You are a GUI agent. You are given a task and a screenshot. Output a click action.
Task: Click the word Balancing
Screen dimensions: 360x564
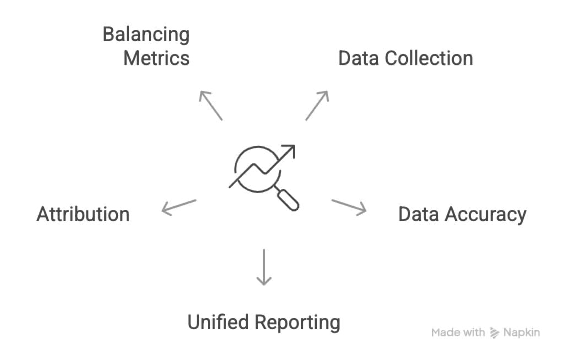[146, 35]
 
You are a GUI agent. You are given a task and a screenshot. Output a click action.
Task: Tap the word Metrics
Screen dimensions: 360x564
[156, 58]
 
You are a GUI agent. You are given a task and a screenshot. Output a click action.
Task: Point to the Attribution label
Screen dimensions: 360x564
[83, 214]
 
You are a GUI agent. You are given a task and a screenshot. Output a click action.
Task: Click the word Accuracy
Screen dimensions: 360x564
[485, 214]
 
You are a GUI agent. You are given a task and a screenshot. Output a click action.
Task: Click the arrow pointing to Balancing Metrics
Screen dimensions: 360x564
[210, 105]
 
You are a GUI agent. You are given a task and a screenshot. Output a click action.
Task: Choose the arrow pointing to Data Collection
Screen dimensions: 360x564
[317, 105]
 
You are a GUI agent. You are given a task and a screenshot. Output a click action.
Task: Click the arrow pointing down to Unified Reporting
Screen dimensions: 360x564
[264, 267]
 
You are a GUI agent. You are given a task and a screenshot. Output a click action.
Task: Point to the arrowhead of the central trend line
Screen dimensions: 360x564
[290, 151]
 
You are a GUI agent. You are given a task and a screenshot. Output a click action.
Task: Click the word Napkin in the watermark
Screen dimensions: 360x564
[522, 332]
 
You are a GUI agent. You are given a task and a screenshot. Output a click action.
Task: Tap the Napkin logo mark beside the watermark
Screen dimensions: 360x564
[494, 332]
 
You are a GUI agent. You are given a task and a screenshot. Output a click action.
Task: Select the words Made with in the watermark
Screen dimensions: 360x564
[458, 332]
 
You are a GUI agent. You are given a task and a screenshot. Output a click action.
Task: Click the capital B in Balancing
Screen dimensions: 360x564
[109, 35]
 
